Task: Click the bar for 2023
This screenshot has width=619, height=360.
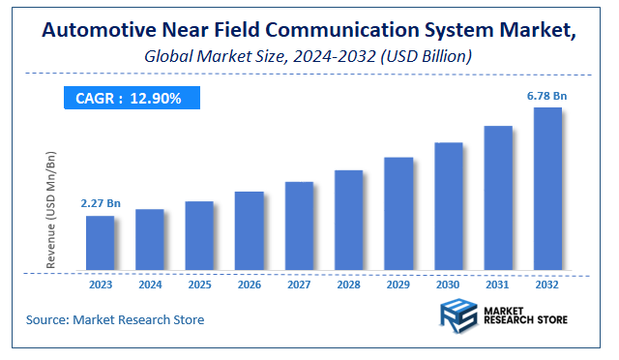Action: click(x=100, y=243)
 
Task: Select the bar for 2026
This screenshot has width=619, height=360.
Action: click(x=250, y=231)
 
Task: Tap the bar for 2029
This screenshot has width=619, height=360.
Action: click(x=398, y=214)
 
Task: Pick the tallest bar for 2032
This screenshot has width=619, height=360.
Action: click(x=547, y=189)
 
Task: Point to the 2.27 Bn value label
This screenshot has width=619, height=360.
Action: click(x=100, y=203)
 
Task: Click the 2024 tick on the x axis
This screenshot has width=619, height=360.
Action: click(x=149, y=286)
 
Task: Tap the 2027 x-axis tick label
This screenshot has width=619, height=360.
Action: click(x=299, y=286)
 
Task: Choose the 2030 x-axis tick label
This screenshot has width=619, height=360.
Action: click(x=448, y=286)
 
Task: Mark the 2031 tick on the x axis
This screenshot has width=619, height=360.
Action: click(x=497, y=286)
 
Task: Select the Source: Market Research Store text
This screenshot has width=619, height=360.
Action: click(x=115, y=319)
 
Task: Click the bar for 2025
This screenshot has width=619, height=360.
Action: click(x=199, y=236)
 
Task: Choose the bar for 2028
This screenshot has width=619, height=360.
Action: click(x=348, y=221)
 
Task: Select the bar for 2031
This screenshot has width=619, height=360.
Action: click(x=497, y=198)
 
